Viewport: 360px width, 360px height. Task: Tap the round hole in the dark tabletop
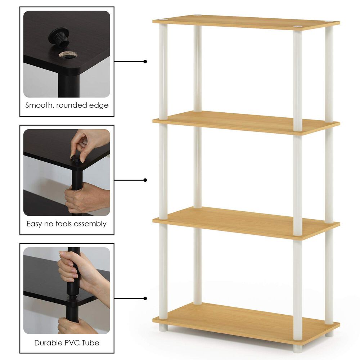tap(68, 55)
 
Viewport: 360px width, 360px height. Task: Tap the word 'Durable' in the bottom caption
tap(48, 342)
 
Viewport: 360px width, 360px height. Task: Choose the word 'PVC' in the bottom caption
tap(74, 342)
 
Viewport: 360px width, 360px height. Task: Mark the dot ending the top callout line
tap(145, 62)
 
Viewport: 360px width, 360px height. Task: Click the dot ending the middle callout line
tap(145, 180)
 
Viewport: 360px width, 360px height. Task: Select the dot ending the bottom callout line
tap(145, 298)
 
